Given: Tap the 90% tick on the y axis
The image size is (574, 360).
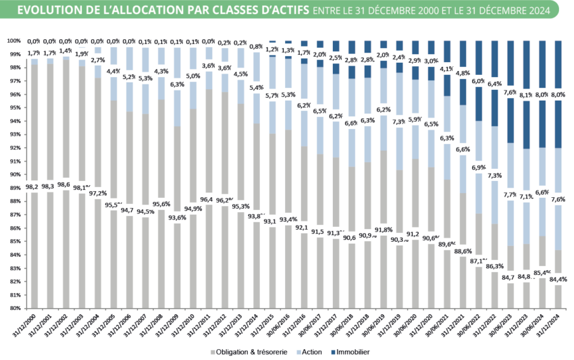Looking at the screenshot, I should tap(16, 174).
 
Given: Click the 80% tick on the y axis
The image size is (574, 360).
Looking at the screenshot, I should tap(16, 308).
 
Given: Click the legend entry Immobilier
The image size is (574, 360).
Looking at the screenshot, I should tap(353, 352).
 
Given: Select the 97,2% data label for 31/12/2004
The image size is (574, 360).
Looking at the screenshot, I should tap(99, 192).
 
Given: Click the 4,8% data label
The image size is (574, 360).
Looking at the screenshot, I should tap(463, 73).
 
